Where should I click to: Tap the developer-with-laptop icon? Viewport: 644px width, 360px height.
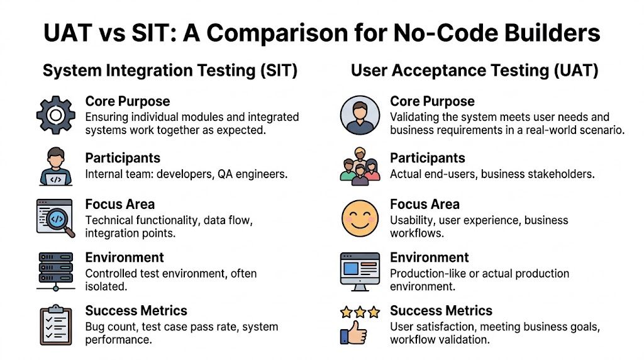[56, 167]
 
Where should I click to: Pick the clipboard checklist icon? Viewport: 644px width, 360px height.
[56, 325]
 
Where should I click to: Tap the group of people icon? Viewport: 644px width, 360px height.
[360, 167]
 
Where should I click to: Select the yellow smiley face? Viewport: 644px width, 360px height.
[360, 218]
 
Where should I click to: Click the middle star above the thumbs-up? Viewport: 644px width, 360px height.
[360, 312]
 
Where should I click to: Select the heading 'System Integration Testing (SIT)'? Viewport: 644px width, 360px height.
[170, 70]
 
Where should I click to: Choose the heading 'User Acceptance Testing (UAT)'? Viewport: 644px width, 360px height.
[475, 70]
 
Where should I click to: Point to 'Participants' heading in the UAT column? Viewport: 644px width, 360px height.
[428, 158]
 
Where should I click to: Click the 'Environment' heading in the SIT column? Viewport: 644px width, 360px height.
[125, 257]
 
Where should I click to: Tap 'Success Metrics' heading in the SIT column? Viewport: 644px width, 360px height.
[136, 310]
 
